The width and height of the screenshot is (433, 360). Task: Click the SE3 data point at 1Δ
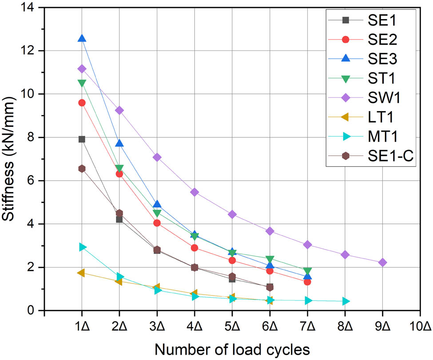tap(82, 39)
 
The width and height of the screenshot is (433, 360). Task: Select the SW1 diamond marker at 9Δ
tap(382, 263)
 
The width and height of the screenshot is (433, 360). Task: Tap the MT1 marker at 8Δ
tap(346, 301)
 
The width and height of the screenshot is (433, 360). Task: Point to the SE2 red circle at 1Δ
tap(82, 103)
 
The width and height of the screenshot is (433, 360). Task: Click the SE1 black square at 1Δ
tap(82, 139)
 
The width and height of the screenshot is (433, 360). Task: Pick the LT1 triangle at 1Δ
tap(81, 273)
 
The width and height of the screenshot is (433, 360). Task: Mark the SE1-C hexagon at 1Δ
tap(82, 168)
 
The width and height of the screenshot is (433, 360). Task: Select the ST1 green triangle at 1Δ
tap(82, 83)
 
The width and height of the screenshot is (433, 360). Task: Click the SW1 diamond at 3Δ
tap(157, 157)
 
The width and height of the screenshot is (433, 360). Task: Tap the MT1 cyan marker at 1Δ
tap(82, 247)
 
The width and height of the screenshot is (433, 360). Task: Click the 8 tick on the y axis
tap(34, 137)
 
